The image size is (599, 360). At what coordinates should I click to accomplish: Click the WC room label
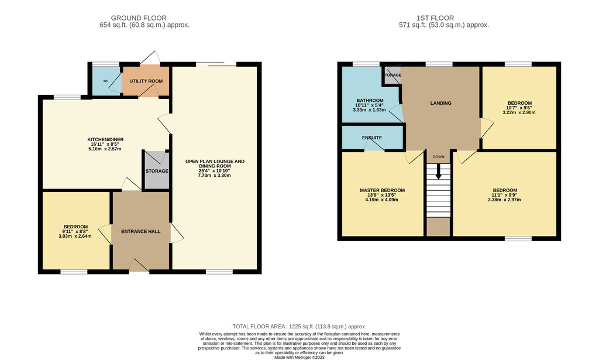click(106, 81)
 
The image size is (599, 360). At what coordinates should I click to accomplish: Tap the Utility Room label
click(146, 81)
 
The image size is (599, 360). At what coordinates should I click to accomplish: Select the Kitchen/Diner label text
click(105, 139)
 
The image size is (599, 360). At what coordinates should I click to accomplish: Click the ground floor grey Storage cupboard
click(157, 170)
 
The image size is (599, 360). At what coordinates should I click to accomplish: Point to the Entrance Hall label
click(140, 231)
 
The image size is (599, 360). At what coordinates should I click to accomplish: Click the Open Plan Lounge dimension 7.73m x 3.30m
click(214, 176)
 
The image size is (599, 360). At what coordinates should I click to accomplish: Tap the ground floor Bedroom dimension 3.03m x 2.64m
click(75, 236)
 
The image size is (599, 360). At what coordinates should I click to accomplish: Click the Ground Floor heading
click(139, 18)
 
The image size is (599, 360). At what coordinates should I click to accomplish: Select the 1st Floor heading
click(435, 18)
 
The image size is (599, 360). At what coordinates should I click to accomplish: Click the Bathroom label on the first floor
click(370, 101)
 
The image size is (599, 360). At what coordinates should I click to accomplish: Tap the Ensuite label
click(372, 138)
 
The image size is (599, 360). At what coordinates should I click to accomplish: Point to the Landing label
click(441, 103)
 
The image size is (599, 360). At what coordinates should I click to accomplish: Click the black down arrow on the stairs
click(439, 171)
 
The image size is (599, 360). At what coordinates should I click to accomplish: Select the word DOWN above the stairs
click(439, 157)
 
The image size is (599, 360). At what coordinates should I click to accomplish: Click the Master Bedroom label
click(382, 190)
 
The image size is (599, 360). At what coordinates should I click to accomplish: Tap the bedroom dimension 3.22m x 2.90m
click(519, 112)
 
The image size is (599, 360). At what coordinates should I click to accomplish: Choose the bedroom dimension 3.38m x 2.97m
click(504, 200)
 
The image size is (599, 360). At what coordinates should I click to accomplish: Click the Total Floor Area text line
click(299, 327)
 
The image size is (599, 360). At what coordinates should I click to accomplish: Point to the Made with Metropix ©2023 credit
click(299, 358)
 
